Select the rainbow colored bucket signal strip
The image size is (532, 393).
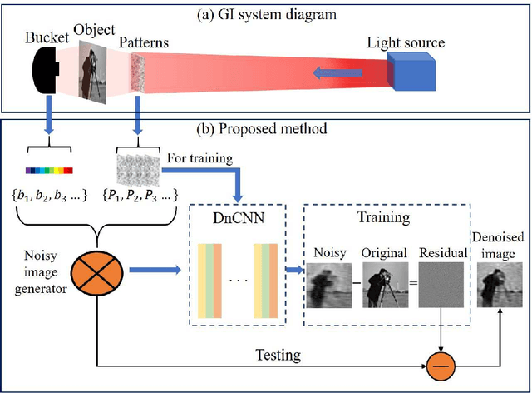click(49, 171)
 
